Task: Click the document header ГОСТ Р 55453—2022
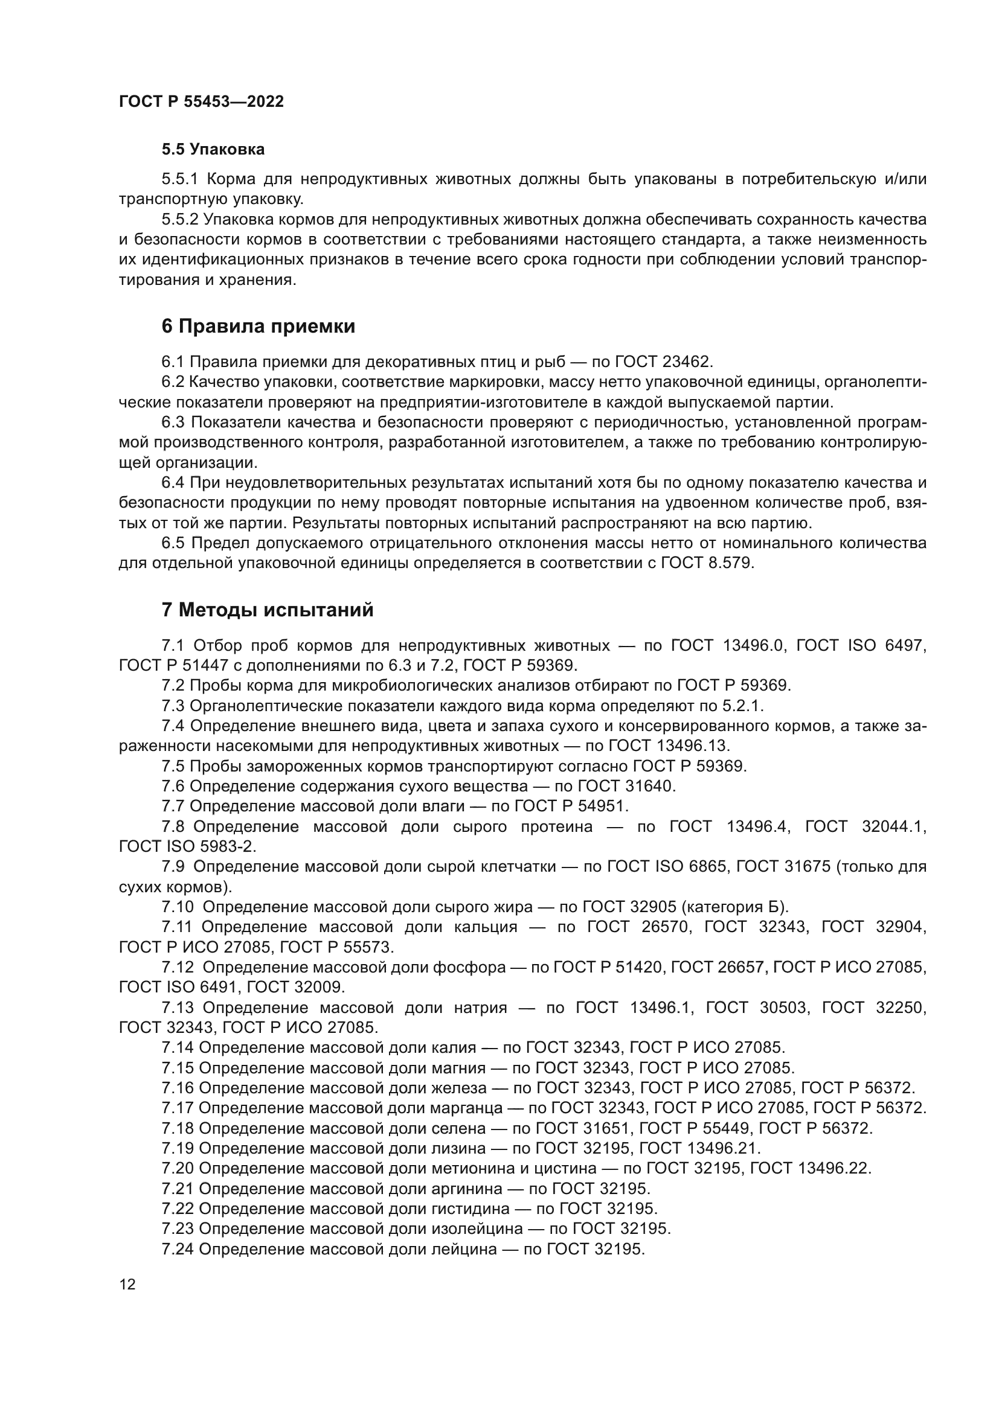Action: [201, 102]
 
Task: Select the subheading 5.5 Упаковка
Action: [213, 150]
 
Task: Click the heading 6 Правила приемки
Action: [259, 327]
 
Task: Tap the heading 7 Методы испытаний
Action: [268, 610]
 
